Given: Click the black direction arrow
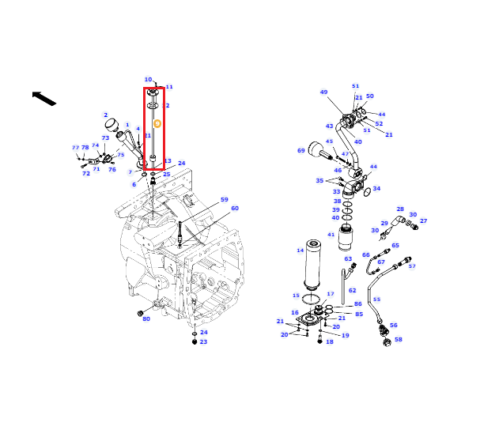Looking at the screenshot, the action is tap(44, 98).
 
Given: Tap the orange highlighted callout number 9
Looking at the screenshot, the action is tap(157, 123).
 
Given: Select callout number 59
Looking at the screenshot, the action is tap(225, 200).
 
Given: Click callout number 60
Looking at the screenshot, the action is tap(235, 209).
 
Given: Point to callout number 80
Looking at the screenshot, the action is tap(146, 318).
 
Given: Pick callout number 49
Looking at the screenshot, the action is tap(324, 92).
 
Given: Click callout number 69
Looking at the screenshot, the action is tap(301, 151).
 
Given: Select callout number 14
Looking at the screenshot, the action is tap(300, 251).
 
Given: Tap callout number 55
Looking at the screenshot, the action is tap(377, 300).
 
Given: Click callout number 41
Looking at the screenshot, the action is tap(331, 235).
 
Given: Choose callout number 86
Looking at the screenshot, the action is tap(358, 304).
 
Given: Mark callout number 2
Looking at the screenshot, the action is tap(106, 115).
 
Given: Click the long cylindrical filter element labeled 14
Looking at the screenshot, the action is tap(312, 264).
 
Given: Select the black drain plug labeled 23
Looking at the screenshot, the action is tap(195, 342).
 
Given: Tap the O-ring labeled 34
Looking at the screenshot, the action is tap(367, 192).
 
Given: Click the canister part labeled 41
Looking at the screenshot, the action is tap(346, 237).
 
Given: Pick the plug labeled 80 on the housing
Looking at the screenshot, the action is tap(140, 313).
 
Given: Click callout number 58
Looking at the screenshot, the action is tap(399, 340).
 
